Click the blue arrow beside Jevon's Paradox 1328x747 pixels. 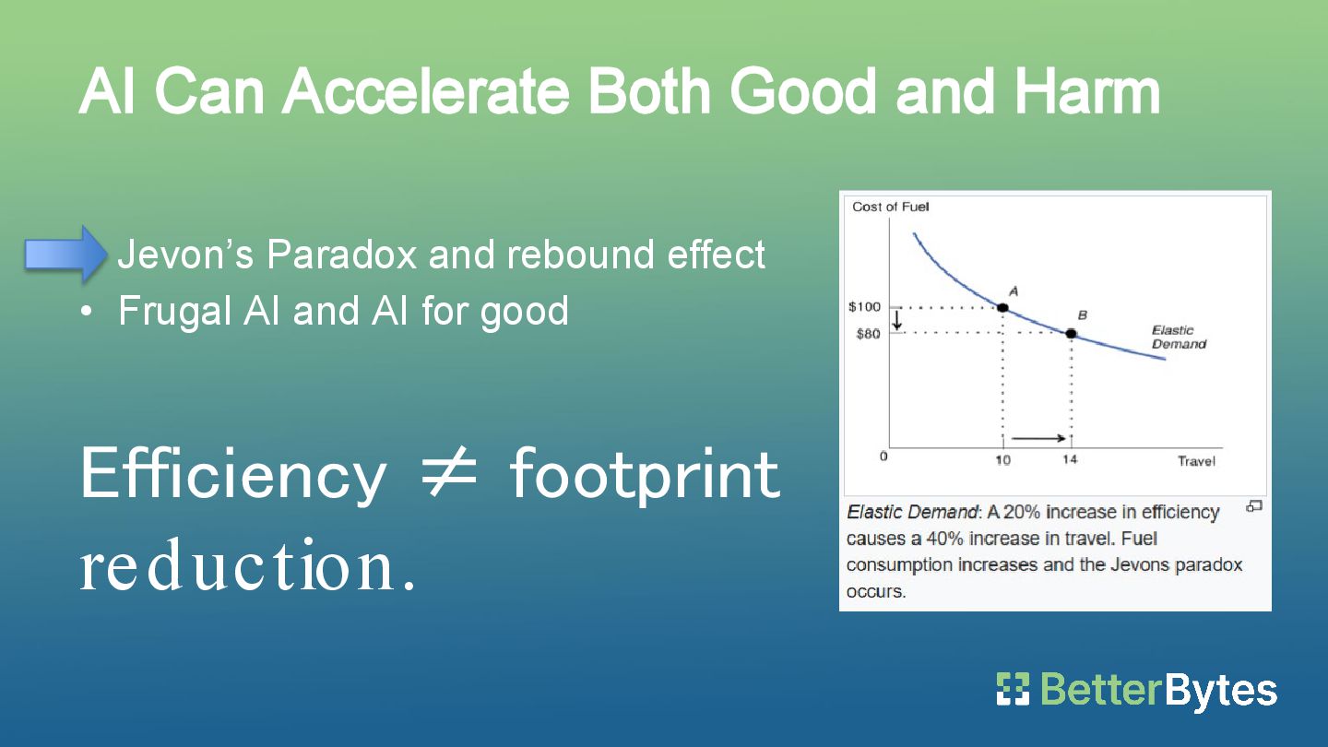[x=65, y=254]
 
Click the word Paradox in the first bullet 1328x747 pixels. [x=342, y=255]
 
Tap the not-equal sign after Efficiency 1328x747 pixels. [x=449, y=473]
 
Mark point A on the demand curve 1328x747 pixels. [x=1002, y=308]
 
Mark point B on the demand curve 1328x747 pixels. [x=1071, y=334]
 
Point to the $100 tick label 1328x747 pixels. [x=864, y=306]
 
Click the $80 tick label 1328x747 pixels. [x=869, y=334]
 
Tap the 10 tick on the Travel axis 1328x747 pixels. [x=1002, y=460]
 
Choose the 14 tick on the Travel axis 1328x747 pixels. [x=1070, y=459]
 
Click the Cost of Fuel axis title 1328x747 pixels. [x=891, y=207]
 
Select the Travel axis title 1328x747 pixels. [x=1196, y=461]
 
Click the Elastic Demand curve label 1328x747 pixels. [x=1179, y=338]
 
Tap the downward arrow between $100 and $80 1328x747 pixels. [x=897, y=320]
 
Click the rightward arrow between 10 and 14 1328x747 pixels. [x=1038, y=439]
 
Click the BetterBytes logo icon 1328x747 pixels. [x=1013, y=689]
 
